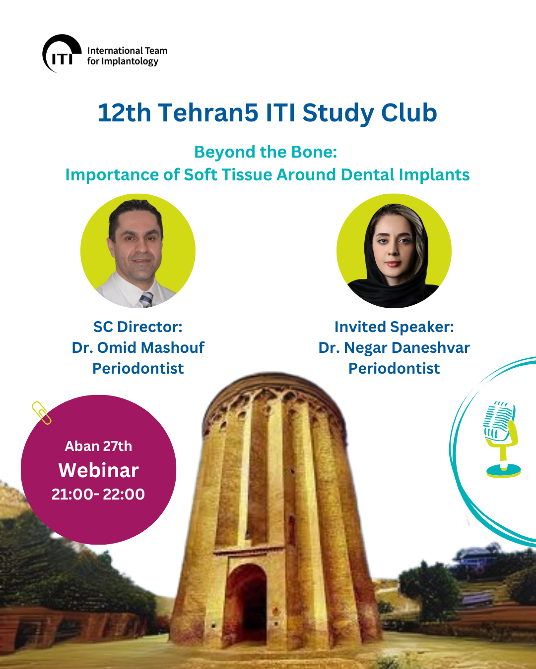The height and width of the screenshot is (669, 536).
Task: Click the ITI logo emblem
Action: click(62, 53)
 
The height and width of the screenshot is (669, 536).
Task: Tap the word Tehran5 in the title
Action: click(208, 112)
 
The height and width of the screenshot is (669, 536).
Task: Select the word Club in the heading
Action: click(409, 112)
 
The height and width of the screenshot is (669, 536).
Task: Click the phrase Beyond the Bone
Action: click(266, 152)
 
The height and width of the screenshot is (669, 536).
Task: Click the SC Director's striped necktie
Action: click(146, 299)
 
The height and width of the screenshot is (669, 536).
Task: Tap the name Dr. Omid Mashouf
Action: click(138, 347)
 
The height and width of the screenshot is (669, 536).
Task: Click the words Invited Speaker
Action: click(394, 327)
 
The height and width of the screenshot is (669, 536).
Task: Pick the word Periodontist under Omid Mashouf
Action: click(138, 368)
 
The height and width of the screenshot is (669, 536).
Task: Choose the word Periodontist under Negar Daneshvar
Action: click(394, 368)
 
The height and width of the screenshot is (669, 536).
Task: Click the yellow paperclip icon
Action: click(41, 413)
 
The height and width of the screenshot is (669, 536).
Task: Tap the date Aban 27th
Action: click(98, 446)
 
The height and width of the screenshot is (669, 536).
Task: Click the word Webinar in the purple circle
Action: click(98, 470)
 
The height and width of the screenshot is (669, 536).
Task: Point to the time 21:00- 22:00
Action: click(98, 494)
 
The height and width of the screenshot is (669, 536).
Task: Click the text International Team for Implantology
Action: click(127, 56)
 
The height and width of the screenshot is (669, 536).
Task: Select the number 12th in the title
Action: click(124, 112)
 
